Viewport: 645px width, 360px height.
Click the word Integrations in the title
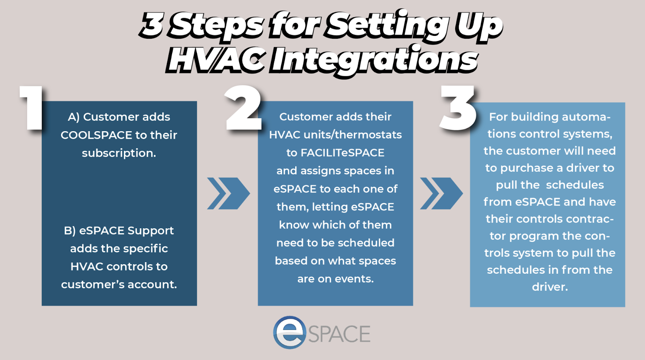375,60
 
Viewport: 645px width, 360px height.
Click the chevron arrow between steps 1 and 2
228,193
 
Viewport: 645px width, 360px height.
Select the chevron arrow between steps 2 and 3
441,193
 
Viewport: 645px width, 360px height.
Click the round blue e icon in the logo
289,332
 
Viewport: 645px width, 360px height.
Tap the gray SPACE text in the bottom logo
339,334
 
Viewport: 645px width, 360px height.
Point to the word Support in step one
150,231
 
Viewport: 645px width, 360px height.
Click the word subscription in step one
119,153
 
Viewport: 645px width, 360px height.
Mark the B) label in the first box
70,231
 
